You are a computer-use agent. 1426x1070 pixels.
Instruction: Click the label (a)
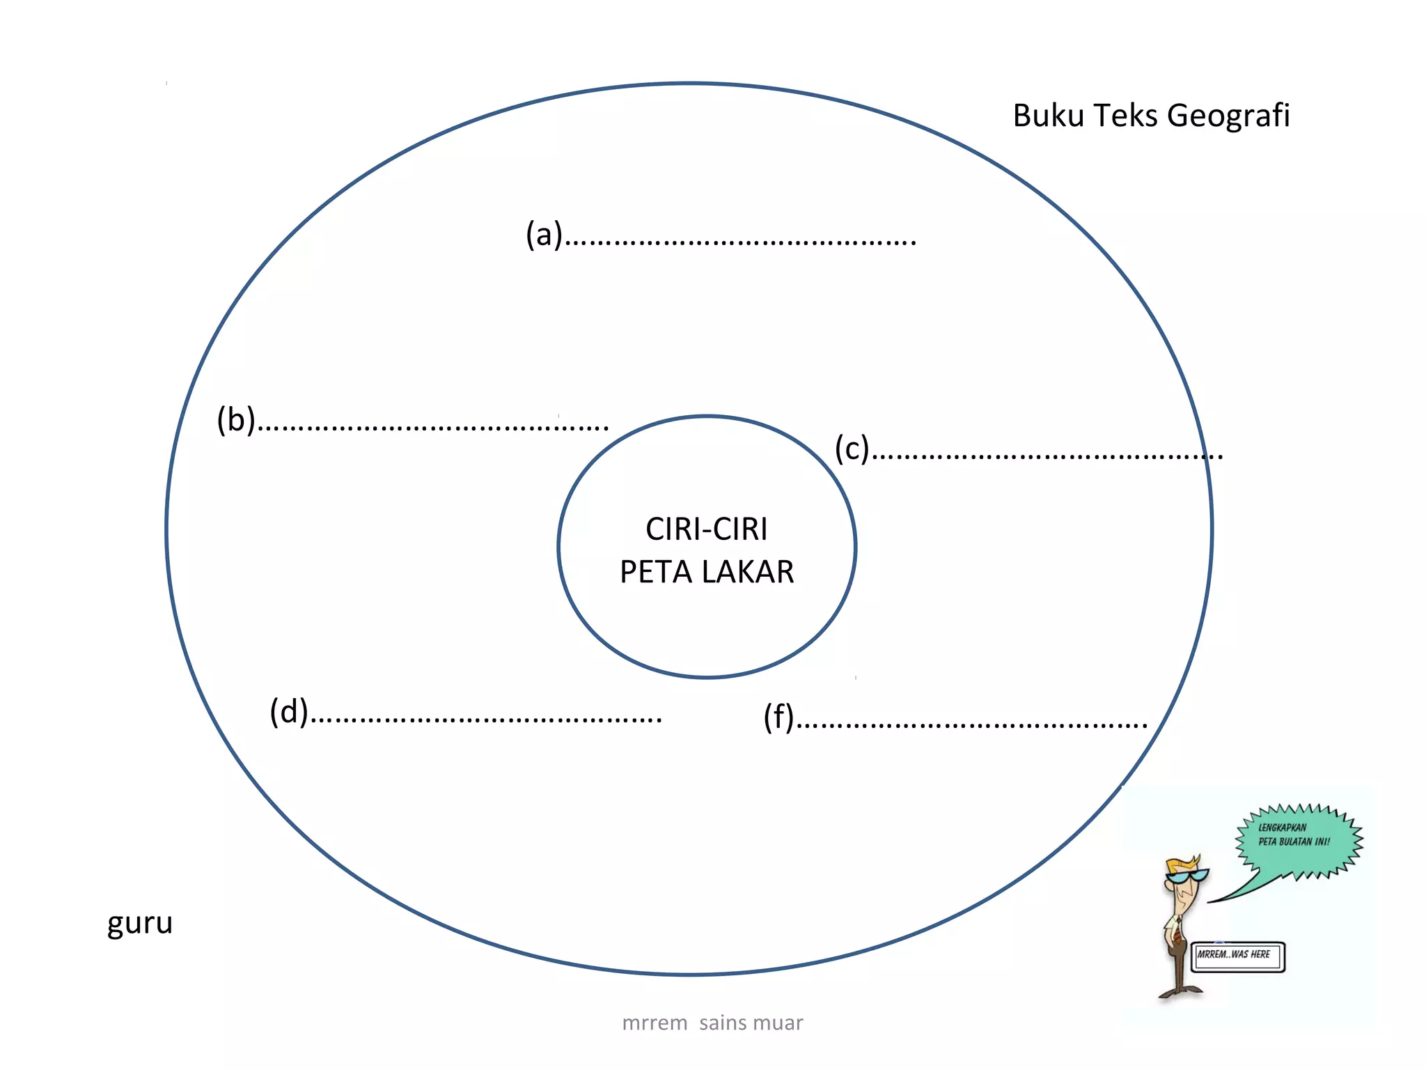544,234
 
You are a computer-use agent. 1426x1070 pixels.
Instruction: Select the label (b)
236,419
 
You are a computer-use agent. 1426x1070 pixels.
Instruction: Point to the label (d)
289,712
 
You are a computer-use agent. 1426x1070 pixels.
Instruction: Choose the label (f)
779,717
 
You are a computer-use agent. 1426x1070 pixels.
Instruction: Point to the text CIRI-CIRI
707,529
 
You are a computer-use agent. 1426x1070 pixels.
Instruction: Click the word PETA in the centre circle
656,572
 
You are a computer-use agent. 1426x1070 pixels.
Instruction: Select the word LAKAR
748,572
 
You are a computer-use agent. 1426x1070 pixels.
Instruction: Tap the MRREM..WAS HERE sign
1237,956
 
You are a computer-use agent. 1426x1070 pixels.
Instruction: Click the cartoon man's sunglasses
1189,876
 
